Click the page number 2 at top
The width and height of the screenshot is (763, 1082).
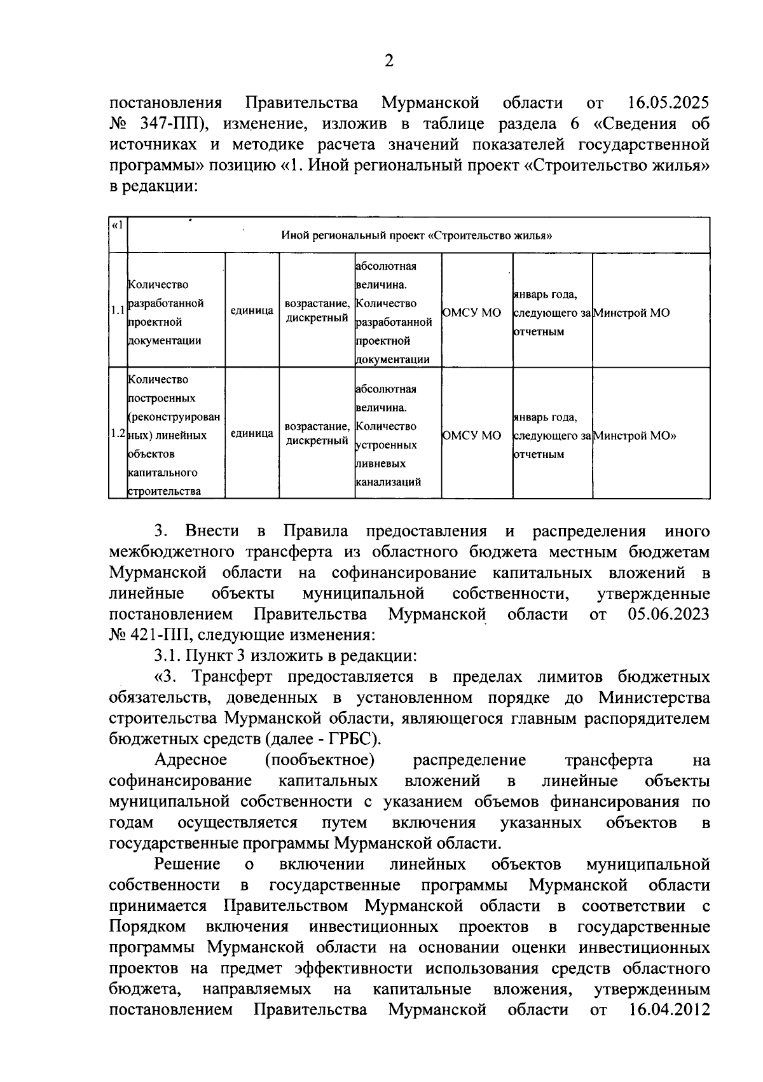389,61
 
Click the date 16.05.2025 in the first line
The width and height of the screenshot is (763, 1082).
668,103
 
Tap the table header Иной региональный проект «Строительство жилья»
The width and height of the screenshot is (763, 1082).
416,236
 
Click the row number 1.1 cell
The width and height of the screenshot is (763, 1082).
118,311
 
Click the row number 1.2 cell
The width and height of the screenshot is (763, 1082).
118,434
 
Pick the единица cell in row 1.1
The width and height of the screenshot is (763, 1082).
252,311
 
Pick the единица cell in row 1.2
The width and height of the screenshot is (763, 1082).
252,434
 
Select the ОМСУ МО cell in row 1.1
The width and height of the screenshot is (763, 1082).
471,313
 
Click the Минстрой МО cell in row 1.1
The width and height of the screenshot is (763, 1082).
631,313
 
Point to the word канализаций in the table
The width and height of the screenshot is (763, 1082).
388,482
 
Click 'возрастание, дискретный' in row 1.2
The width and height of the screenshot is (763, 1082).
317,433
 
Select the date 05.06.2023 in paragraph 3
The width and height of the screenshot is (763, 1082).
668,614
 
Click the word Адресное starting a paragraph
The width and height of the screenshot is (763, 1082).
191,760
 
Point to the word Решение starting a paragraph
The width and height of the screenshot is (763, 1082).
188,864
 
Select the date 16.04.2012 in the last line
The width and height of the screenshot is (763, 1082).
669,1009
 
